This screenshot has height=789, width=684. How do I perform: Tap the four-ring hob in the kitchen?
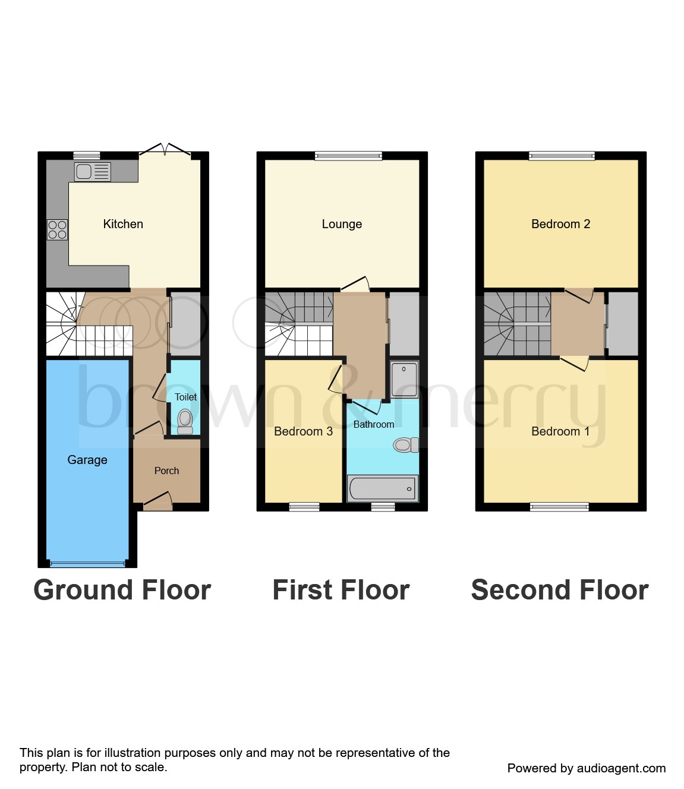click(58, 230)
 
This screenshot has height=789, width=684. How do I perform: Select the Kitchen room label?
click(123, 224)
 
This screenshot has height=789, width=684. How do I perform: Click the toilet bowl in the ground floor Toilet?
click(185, 419)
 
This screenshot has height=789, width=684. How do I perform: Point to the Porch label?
click(166, 471)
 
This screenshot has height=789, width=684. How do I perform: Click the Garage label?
click(87, 460)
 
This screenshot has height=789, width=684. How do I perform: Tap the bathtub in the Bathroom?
click(382, 488)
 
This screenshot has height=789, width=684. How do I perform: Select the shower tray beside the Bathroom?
click(405, 378)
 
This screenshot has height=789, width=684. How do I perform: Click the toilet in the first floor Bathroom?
click(406, 444)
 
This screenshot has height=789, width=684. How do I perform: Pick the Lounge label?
click(342, 224)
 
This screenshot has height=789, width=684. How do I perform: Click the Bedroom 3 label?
click(303, 431)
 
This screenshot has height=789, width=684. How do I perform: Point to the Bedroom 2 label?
click(560, 224)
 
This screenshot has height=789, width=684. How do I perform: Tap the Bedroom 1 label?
click(560, 431)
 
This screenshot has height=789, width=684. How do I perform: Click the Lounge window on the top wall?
click(348, 156)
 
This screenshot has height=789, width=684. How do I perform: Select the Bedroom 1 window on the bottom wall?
click(559, 507)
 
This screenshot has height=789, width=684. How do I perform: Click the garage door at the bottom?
click(87, 563)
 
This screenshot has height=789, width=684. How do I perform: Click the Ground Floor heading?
click(122, 590)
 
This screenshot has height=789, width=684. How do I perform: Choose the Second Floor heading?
click(559, 590)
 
